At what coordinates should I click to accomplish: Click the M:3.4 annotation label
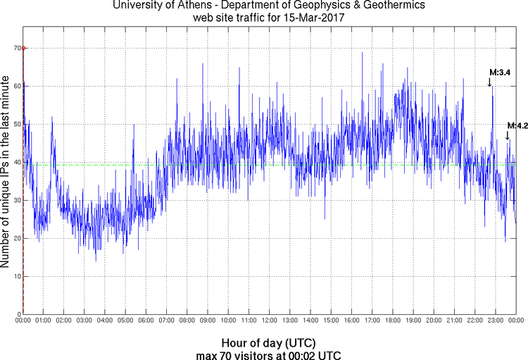(500, 72)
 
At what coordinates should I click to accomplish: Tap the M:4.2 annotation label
(517, 125)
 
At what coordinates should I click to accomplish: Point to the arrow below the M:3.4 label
(490, 82)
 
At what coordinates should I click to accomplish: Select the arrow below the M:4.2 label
(508, 135)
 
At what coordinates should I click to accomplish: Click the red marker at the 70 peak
(23, 48)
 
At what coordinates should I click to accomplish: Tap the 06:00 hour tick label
(146, 321)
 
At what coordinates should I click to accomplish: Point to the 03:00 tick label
(84, 321)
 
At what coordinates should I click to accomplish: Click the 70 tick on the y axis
(15, 48)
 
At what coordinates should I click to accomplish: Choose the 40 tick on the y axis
(15, 162)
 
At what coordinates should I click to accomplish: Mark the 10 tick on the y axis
(15, 276)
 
